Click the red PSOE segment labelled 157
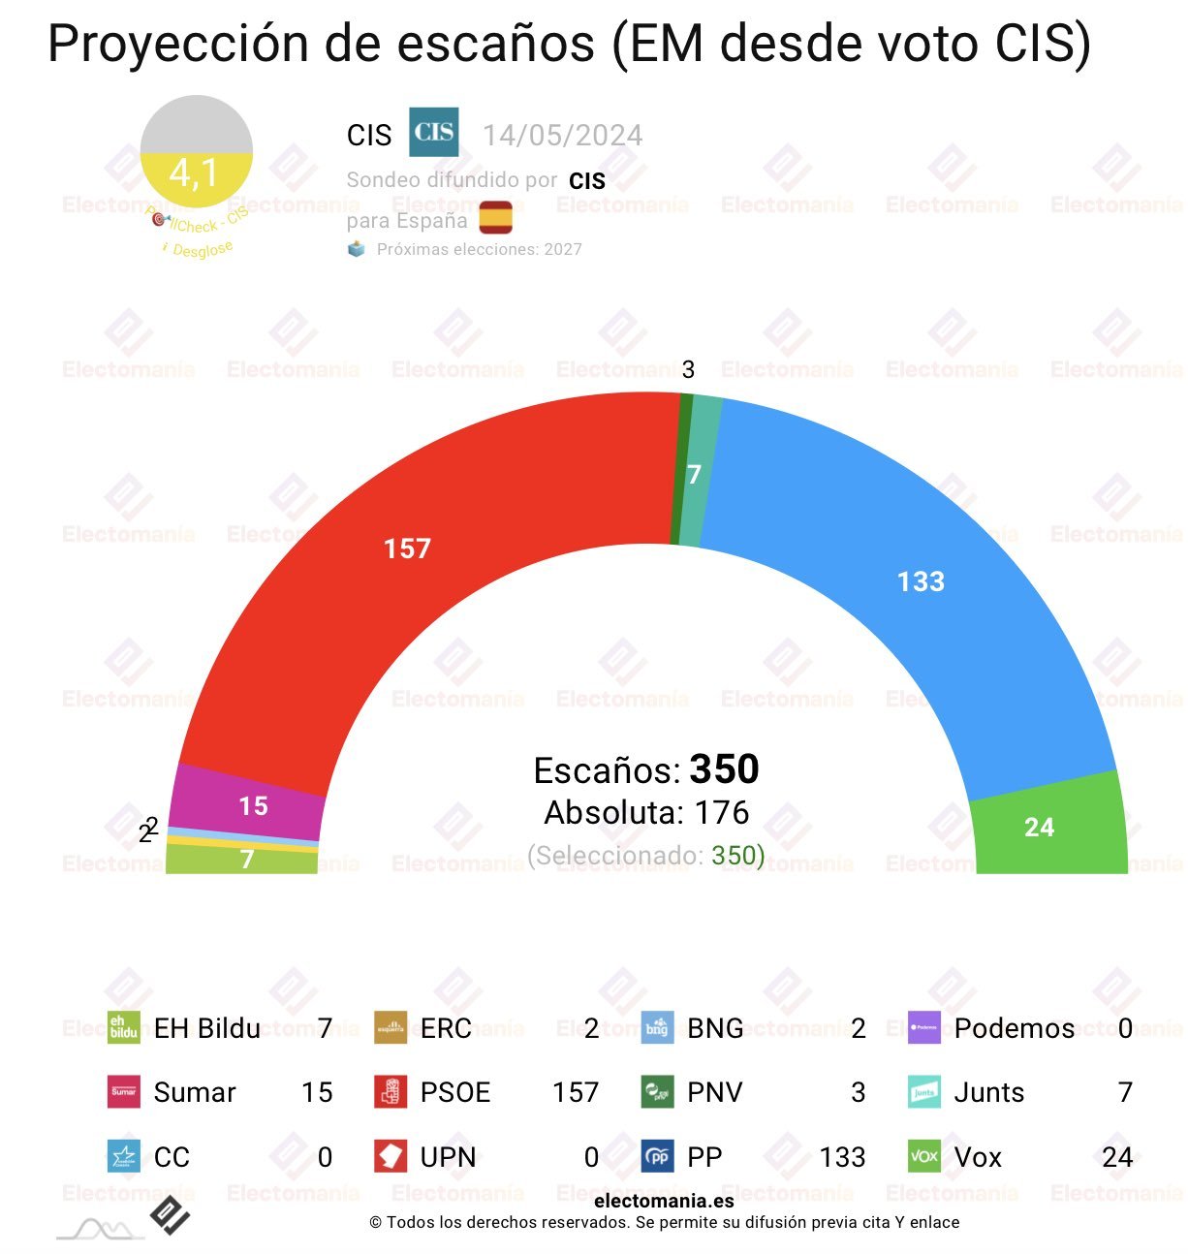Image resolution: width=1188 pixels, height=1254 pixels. (407, 549)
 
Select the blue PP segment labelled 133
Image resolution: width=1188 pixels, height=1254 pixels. (921, 581)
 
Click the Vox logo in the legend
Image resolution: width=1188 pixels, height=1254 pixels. (924, 1156)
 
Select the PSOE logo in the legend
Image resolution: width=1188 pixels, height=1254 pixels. (391, 1092)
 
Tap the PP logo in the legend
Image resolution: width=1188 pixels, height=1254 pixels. (657, 1156)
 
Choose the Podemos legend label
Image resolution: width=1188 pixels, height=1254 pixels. (1014, 1028)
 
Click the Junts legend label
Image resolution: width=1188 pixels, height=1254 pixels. (988, 1092)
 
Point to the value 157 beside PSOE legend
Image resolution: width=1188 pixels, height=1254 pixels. (576, 1092)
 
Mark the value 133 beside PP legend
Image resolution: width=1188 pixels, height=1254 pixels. (842, 1156)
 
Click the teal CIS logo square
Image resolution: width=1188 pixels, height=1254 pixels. (433, 133)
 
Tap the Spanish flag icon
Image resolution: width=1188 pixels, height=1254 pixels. (496, 218)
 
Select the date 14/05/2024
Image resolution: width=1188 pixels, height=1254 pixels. (562, 136)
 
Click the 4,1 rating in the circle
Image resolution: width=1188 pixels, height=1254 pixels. (194, 173)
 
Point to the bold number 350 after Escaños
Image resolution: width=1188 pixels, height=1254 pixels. (724, 769)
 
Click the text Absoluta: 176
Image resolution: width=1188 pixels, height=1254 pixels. (646, 812)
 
